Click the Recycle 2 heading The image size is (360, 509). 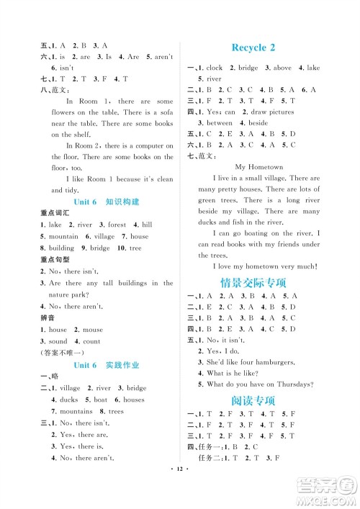(253, 48)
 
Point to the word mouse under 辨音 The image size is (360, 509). (93, 330)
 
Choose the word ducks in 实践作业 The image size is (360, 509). (69, 400)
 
